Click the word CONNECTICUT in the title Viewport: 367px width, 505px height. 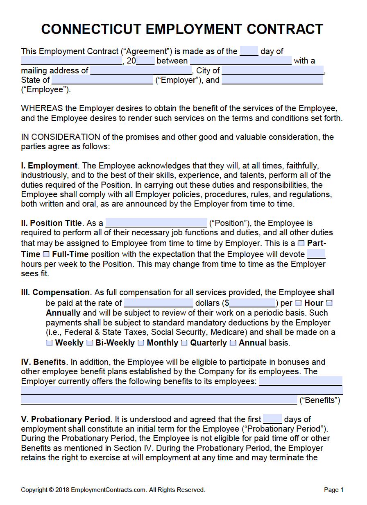(91, 29)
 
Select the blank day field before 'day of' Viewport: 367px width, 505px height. (249, 51)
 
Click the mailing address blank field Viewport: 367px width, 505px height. (140, 71)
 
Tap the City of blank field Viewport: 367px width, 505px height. (272, 71)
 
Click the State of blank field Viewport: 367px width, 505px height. (102, 80)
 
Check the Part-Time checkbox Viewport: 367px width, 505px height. (301, 243)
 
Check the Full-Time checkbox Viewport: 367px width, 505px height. (46, 254)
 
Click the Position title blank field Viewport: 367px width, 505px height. (156, 223)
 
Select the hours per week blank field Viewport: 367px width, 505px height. (316, 254)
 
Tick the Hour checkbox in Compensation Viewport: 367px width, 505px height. (299, 303)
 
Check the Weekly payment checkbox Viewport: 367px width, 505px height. (49, 343)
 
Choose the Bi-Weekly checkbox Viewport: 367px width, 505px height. (90, 343)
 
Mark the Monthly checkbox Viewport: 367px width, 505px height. (141, 343)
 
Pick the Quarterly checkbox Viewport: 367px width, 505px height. (184, 343)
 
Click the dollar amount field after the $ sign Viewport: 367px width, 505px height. (252, 303)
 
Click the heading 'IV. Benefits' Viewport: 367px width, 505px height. (43, 362)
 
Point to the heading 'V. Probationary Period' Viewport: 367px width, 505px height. (66, 419)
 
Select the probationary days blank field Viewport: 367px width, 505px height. (272, 419)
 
